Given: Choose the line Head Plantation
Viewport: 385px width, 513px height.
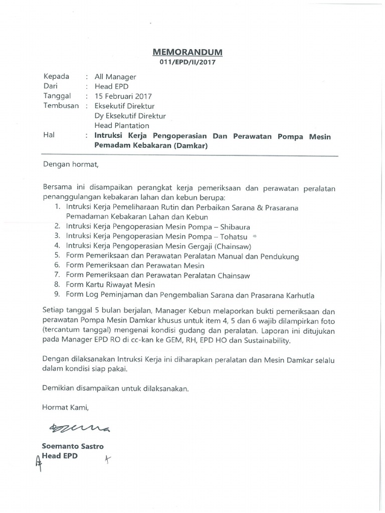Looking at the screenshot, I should point(122,125).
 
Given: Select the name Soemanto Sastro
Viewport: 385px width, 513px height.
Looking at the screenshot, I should point(73,446).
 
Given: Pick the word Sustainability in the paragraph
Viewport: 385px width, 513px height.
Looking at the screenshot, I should point(268,341).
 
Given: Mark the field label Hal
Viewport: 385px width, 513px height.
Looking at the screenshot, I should point(49,135).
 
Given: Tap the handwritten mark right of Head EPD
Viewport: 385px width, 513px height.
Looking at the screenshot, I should point(107,459).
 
